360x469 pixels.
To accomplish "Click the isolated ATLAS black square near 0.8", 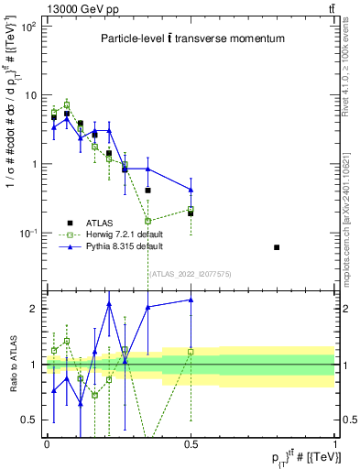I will [x=277, y=247].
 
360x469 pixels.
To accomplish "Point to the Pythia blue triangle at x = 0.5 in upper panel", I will [x=191, y=190].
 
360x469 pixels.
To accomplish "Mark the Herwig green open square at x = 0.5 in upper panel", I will [x=191, y=210].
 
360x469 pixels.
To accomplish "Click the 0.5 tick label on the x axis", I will [x=191, y=442].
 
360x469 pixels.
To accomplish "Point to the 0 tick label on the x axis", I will [x=47, y=442].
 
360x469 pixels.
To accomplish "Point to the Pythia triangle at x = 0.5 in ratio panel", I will [x=191, y=300].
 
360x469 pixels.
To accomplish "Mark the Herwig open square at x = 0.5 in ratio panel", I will [x=191, y=352].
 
